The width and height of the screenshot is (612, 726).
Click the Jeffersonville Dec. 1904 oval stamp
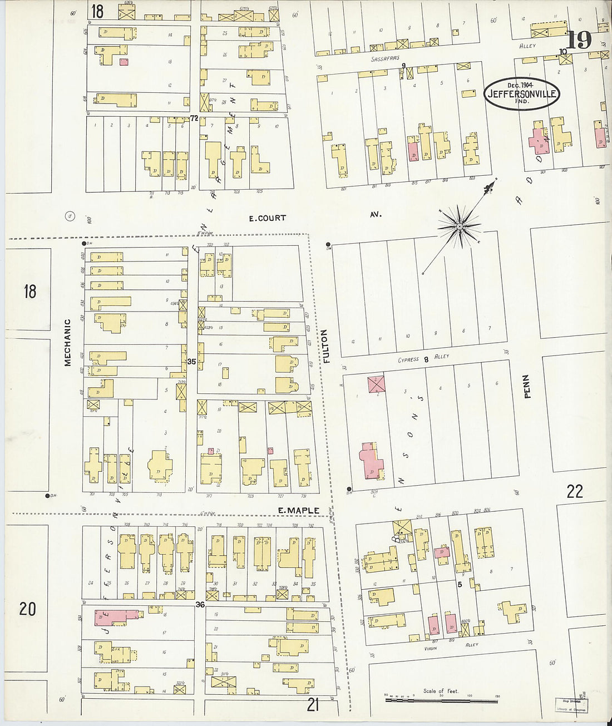[x=521, y=93]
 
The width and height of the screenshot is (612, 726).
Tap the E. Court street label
[x=267, y=218]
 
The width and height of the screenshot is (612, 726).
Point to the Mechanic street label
[x=67, y=342]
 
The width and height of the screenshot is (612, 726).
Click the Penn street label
[x=527, y=386]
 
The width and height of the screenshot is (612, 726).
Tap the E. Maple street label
[x=298, y=510]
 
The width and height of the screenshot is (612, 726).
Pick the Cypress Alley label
[x=423, y=359]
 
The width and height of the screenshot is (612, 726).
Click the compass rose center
[x=460, y=226]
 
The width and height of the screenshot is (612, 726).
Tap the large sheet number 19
[x=579, y=39]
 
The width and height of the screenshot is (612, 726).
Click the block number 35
[x=191, y=362]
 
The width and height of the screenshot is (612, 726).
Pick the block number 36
[x=200, y=605]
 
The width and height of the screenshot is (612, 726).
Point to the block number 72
[x=194, y=118]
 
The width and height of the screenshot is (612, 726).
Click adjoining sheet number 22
[x=574, y=491]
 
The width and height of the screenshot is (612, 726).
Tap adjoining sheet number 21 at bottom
[x=313, y=705]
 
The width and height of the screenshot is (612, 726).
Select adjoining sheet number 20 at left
[x=27, y=609]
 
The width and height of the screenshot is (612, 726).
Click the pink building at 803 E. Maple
[x=371, y=461]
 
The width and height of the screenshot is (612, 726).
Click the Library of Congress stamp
[x=571, y=705]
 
